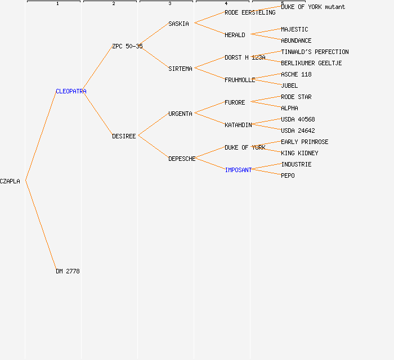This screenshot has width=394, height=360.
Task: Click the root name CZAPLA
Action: [10, 181]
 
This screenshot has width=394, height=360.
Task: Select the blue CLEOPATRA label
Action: [71, 91]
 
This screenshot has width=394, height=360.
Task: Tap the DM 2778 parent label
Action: [68, 271]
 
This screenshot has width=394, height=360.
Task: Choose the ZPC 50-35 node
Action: [127, 46]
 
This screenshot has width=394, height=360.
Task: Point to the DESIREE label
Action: [124, 136]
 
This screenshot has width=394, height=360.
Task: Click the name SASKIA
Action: [178, 24]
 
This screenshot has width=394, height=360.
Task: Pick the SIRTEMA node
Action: [180, 69]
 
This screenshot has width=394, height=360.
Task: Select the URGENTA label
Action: [180, 114]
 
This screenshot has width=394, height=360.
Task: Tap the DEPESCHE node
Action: [182, 159]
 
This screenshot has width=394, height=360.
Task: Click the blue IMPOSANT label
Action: [238, 170]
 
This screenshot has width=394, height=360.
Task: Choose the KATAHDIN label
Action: [238, 125]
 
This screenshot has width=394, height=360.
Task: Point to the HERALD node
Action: [235, 35]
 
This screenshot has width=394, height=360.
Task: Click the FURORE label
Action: [235, 102]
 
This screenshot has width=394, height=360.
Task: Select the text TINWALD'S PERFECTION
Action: [315, 52]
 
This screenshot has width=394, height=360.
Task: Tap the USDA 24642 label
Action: [298, 130]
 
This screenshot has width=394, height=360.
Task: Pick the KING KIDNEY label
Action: [299, 153]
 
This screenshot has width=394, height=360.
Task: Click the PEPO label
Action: [288, 175]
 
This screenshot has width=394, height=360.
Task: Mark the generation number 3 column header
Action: [170, 4]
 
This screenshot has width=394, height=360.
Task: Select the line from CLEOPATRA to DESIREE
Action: [97, 114]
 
